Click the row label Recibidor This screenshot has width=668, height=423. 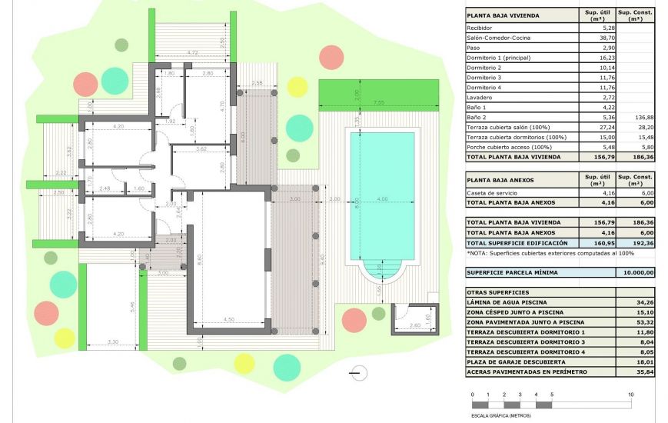[x=480, y=27]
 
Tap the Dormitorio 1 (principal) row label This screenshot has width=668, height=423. [x=498, y=57]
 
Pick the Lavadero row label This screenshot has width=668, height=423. [x=480, y=97]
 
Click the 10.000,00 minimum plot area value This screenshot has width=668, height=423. [x=638, y=272]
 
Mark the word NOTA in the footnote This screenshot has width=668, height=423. [x=480, y=253]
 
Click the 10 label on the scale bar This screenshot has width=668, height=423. [x=631, y=394]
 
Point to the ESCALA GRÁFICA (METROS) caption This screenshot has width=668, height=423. [x=500, y=415]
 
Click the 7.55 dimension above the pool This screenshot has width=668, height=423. [x=378, y=102]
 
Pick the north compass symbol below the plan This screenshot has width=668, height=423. [x=358, y=373]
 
